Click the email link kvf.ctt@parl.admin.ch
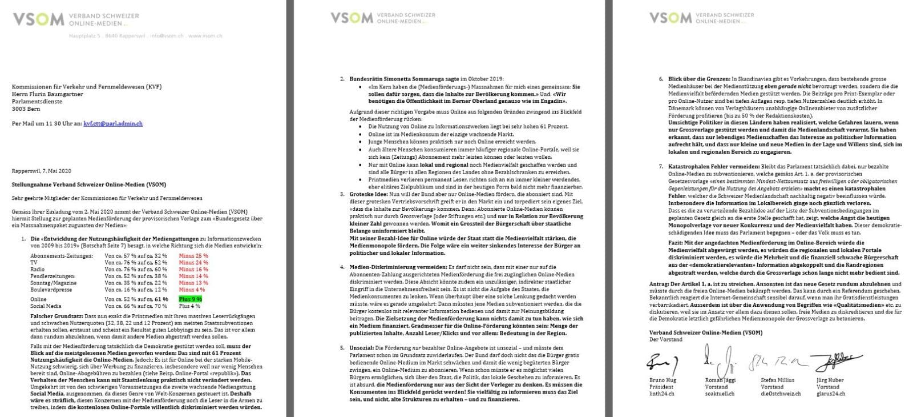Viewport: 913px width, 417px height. [x=113, y=123]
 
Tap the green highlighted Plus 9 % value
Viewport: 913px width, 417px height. [x=191, y=299]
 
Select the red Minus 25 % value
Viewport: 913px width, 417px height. [x=193, y=255]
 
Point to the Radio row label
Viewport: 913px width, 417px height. [x=38, y=269]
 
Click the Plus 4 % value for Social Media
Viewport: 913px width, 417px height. [x=189, y=306]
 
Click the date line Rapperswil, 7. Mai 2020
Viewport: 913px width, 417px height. [x=42, y=171]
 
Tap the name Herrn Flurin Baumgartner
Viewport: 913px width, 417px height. [x=47, y=94]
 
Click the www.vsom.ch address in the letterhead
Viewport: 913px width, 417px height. [x=205, y=36]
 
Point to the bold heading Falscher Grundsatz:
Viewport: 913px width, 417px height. [x=38, y=316]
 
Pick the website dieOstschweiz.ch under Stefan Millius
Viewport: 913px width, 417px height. [x=781, y=394]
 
